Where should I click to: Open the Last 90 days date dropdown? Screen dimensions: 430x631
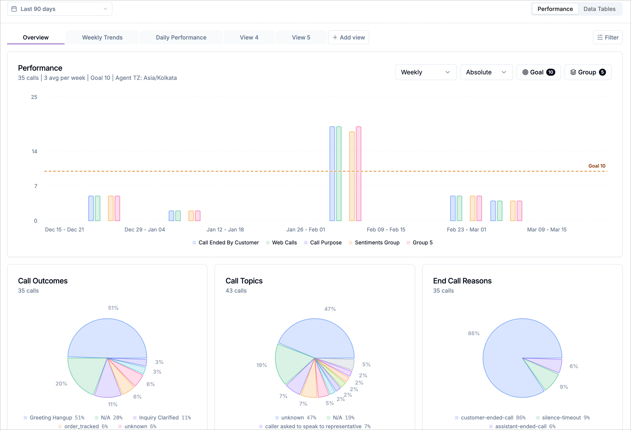(59, 9)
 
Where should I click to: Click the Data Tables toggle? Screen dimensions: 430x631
(599, 9)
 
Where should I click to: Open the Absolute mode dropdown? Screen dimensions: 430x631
(486, 72)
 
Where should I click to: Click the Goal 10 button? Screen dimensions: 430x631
(538, 72)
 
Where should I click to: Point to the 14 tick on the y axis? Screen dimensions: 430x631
(34, 151)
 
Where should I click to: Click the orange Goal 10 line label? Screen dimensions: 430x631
(597, 166)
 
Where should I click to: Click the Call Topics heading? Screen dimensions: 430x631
(244, 281)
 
